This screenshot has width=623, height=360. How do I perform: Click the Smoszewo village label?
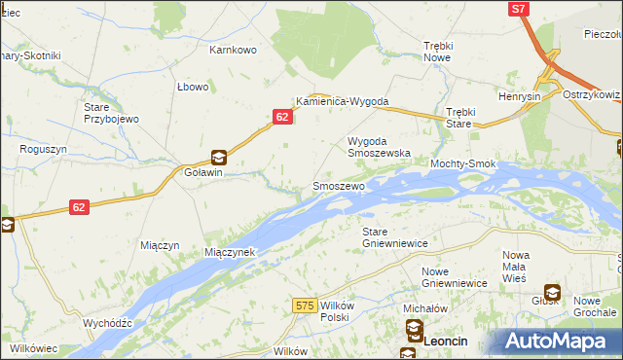pyautogui.click(x=338, y=185)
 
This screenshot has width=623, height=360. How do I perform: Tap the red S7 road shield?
pyautogui.click(x=520, y=8)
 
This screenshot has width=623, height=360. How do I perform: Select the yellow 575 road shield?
pyautogui.click(x=304, y=306)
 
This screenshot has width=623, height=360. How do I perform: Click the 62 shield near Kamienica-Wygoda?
pyautogui.click(x=280, y=117)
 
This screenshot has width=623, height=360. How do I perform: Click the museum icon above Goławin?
pyautogui.click(x=220, y=158)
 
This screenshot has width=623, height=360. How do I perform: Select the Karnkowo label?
pyautogui.click(x=233, y=48)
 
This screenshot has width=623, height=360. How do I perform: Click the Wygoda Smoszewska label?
pyautogui.click(x=380, y=147)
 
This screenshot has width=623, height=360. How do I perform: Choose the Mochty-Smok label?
pyautogui.click(x=463, y=164)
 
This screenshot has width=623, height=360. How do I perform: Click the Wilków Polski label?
pyautogui.click(x=334, y=311)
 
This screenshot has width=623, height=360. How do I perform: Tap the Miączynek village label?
pyautogui.click(x=230, y=252)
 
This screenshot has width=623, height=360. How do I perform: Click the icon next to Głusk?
pyautogui.click(x=552, y=291)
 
